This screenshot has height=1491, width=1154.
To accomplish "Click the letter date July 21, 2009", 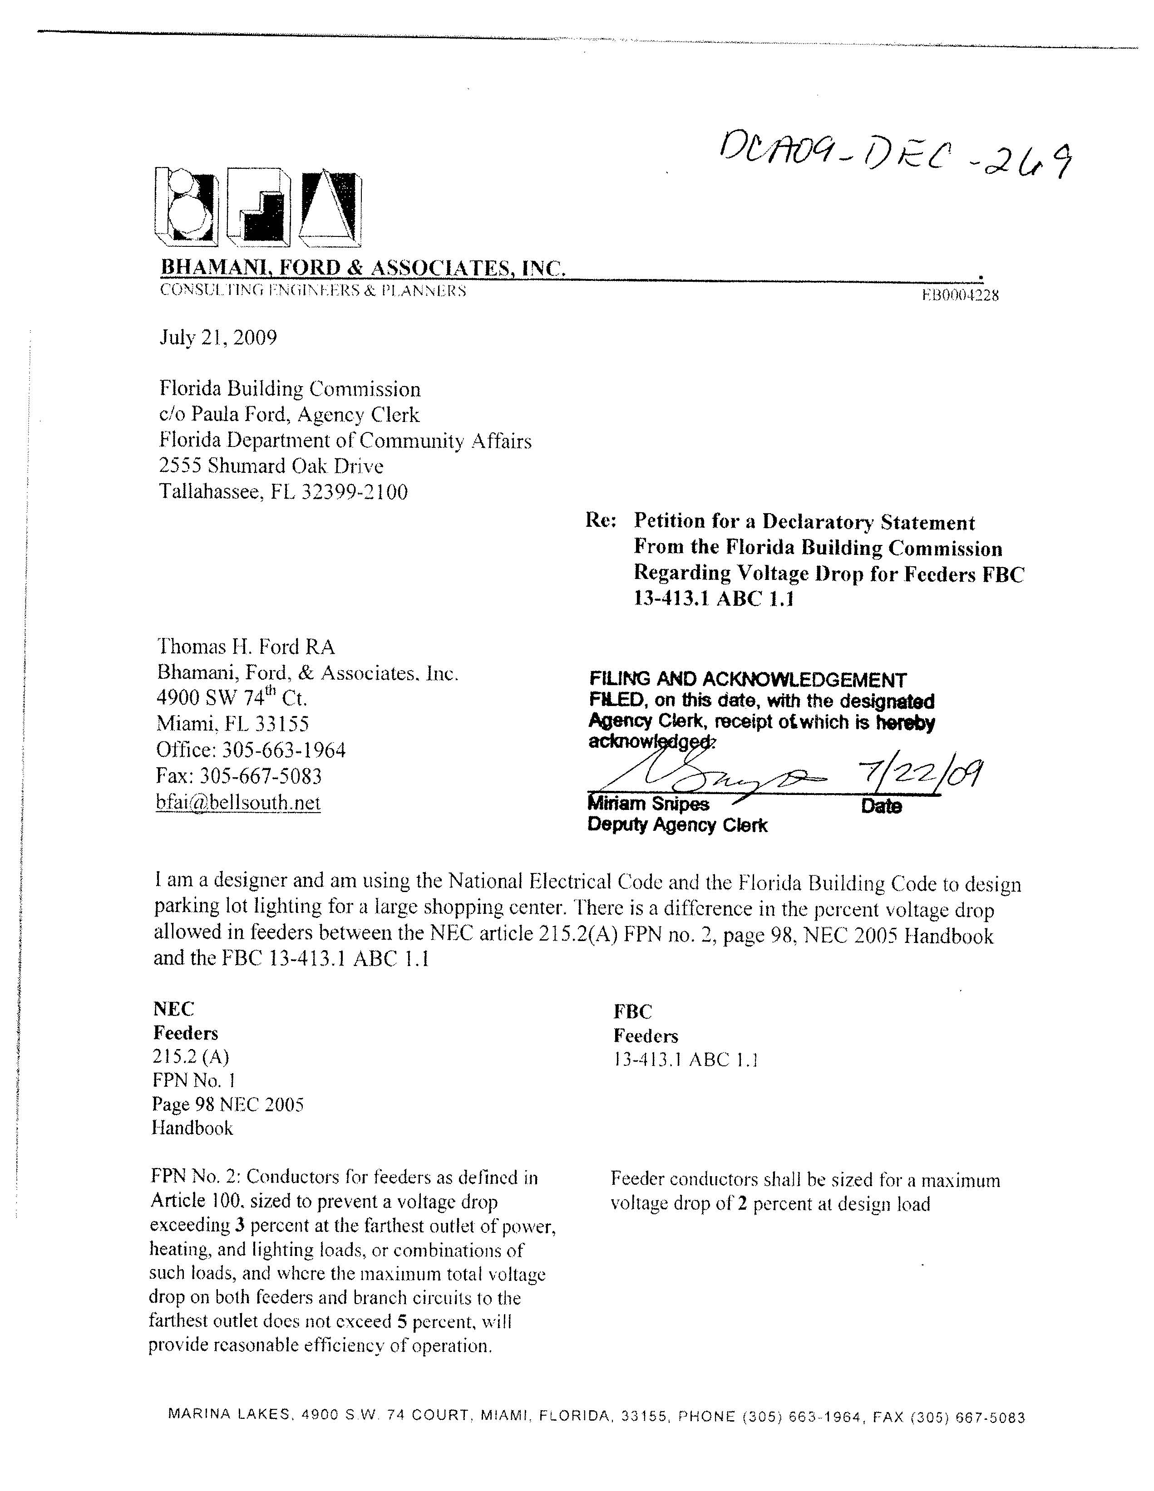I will (x=218, y=338).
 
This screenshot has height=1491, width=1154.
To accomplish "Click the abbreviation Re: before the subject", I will (x=601, y=521).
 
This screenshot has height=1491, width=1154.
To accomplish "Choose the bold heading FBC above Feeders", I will (x=632, y=1012).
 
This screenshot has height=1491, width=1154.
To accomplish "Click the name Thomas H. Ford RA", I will (x=246, y=647).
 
